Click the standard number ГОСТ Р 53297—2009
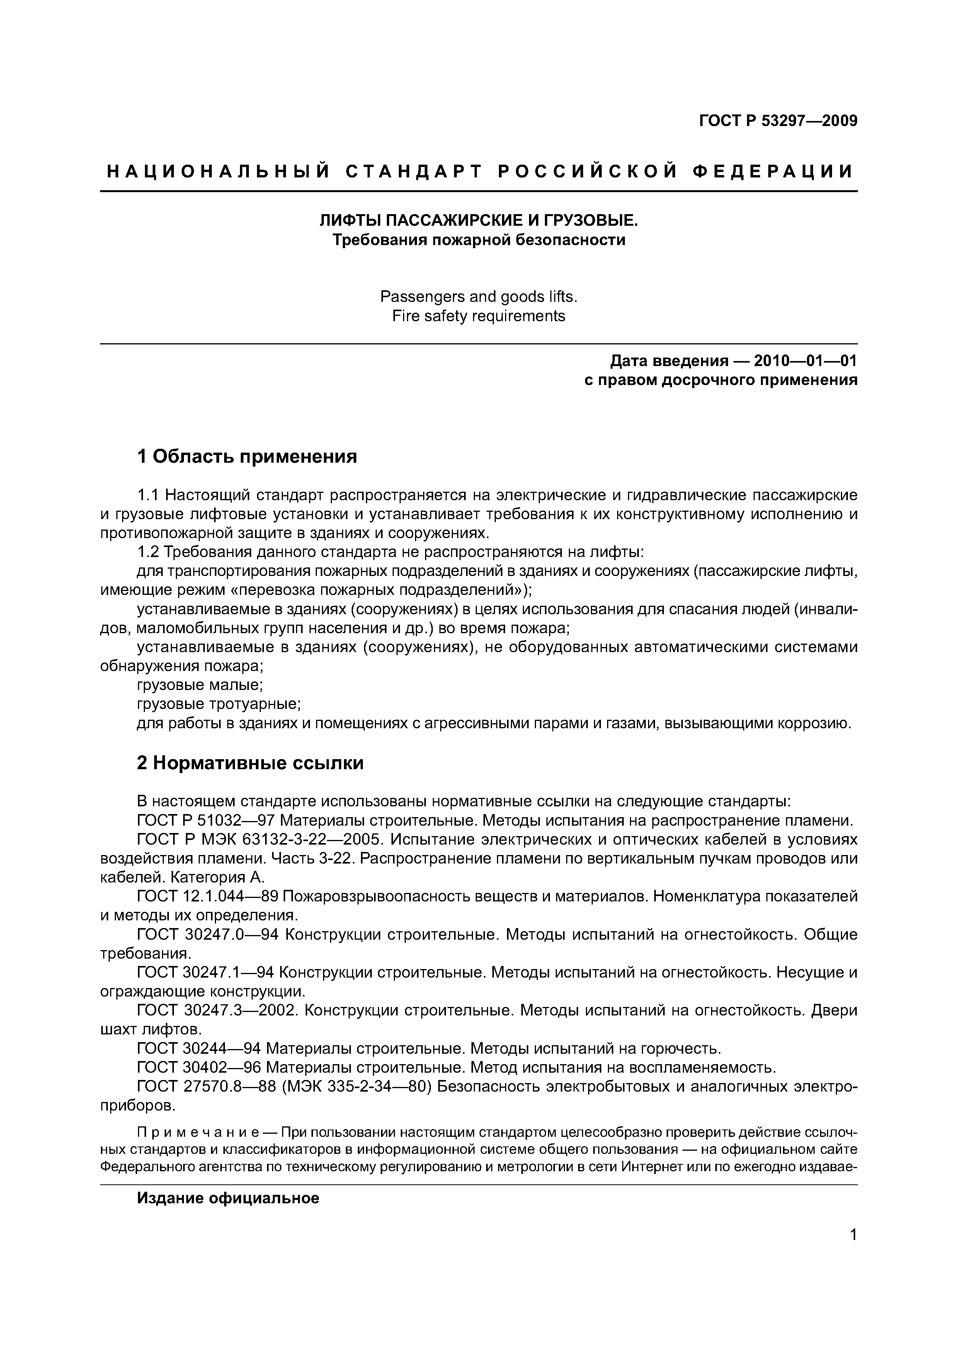(778, 121)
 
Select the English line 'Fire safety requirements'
(479, 316)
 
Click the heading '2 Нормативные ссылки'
(250, 763)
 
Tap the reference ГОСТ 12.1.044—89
(207, 896)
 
